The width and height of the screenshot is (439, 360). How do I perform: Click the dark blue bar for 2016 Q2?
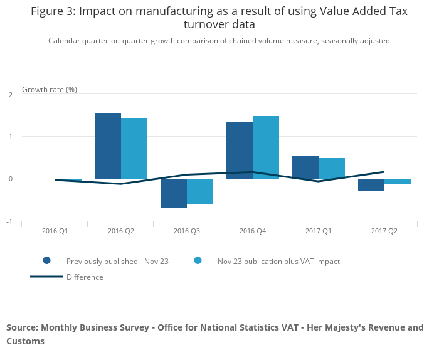[x=108, y=146]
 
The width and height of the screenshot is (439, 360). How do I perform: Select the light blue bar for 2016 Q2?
[x=134, y=148]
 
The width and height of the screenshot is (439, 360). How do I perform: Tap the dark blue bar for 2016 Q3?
[x=174, y=193]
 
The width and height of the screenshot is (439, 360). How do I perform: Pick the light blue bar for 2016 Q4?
[x=266, y=147]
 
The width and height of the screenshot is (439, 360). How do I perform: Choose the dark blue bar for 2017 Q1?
[x=305, y=167]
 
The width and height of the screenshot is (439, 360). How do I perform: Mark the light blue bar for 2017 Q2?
[x=398, y=182]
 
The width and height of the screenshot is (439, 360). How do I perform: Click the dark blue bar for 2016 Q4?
[x=240, y=151]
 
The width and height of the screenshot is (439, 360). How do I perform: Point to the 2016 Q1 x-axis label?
[x=55, y=231]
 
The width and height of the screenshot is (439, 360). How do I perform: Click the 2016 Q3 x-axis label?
[x=187, y=231]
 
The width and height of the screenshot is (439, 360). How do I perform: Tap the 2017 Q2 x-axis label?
[x=384, y=231]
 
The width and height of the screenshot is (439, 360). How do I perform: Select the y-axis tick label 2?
[x=11, y=94]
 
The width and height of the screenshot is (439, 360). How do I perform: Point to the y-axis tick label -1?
[x=9, y=221]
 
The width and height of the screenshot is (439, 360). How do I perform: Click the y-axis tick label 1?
[x=11, y=137]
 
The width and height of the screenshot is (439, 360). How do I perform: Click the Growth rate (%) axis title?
[x=50, y=89]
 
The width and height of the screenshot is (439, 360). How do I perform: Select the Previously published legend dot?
[x=47, y=261]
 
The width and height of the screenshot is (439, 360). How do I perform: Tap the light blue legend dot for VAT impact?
[x=198, y=261]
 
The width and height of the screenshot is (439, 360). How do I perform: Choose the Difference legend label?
[x=85, y=277]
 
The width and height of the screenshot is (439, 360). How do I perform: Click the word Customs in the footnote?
[x=26, y=341]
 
